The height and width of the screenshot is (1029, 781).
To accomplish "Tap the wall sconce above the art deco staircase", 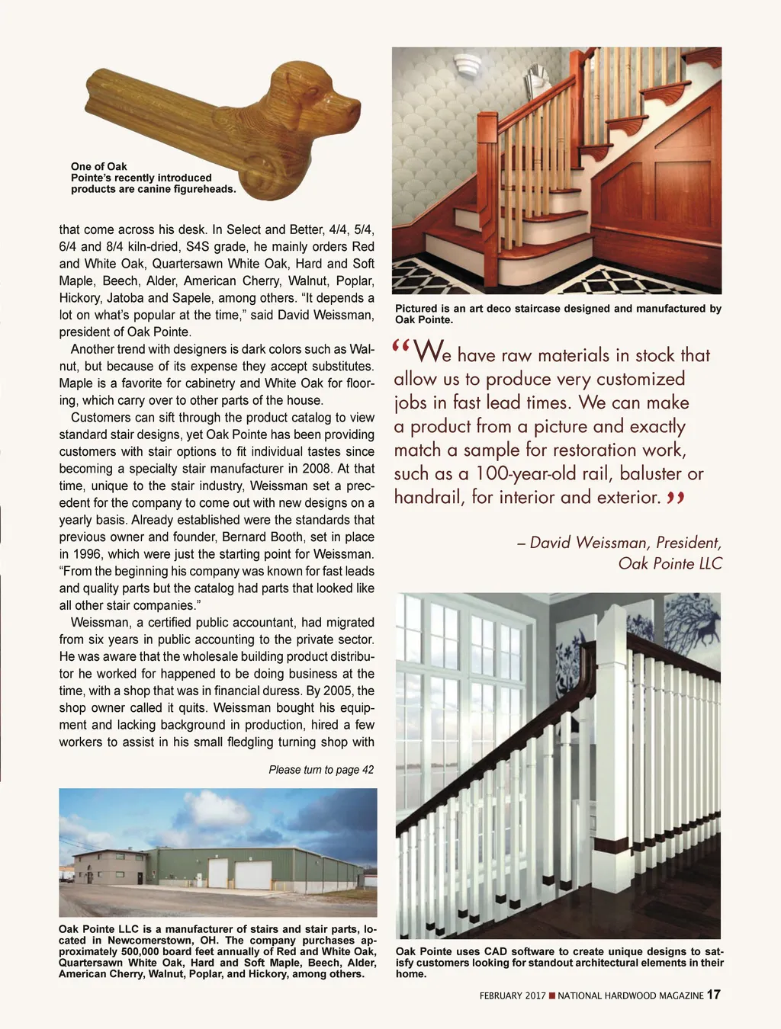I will (468, 66).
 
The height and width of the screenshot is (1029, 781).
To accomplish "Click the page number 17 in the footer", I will (713, 994).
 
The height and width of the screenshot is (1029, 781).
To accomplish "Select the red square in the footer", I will (552, 995).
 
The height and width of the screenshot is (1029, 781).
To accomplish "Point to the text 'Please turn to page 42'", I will (321, 770).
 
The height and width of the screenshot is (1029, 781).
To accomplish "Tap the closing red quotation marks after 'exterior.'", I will (676, 498).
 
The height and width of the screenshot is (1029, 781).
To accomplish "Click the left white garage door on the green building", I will (218, 874).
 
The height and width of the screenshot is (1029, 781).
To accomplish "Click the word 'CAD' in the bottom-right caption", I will (497, 951).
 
